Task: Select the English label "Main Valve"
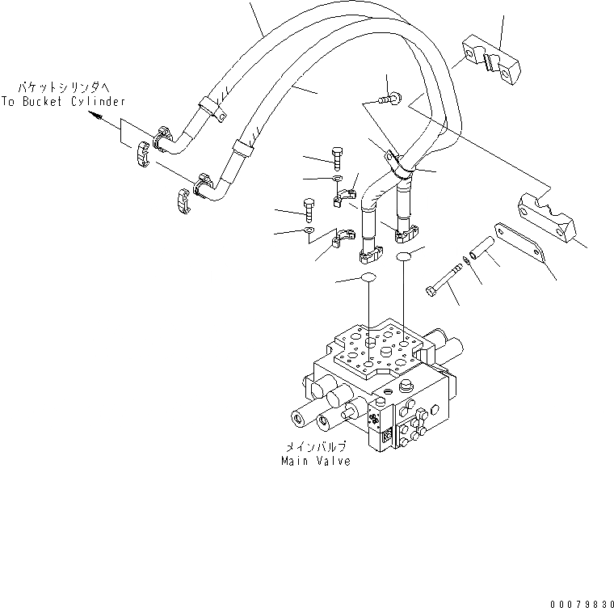(316, 461)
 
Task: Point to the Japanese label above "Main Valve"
(316, 446)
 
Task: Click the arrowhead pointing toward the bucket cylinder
(96, 116)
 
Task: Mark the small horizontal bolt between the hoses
(389, 99)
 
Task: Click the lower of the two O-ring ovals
(368, 278)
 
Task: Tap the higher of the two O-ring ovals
(405, 256)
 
